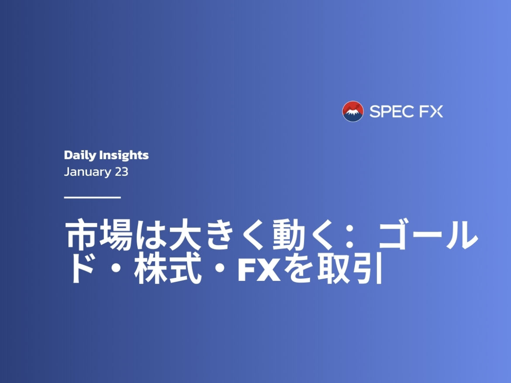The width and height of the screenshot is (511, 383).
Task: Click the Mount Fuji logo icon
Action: (353, 111)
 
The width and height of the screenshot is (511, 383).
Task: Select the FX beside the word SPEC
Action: (431, 112)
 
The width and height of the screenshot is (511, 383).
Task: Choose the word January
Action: (87, 172)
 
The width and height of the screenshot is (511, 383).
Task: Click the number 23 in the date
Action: (121, 171)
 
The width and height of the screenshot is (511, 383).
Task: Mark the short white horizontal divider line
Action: (92, 197)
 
